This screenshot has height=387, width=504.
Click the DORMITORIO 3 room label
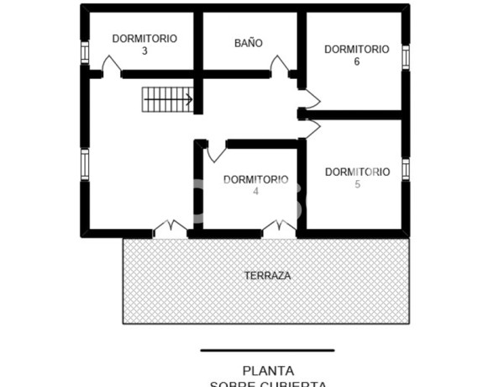(x=144, y=44)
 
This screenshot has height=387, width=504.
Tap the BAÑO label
(x=248, y=42)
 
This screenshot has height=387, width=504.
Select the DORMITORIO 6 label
(x=357, y=55)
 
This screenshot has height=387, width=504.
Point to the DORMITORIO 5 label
(x=357, y=178)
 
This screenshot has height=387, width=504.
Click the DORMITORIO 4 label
(x=255, y=184)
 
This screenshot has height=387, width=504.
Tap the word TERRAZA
(x=267, y=275)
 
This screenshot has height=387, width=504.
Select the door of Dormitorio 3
(x=111, y=66)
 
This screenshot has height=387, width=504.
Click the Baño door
(x=280, y=66)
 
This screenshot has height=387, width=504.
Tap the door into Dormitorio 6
(x=310, y=97)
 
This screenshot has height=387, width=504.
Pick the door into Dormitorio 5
(x=311, y=129)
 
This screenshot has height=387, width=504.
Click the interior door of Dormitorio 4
(x=216, y=151)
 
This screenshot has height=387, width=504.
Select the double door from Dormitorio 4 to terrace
(x=279, y=228)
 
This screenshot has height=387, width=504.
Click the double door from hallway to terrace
(x=170, y=228)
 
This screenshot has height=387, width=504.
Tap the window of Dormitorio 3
(x=85, y=52)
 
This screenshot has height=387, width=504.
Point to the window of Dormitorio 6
(x=406, y=57)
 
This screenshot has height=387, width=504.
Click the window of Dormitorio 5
(x=406, y=168)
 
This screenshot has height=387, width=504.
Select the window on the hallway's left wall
(x=85, y=164)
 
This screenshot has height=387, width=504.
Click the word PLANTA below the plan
(x=267, y=369)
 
